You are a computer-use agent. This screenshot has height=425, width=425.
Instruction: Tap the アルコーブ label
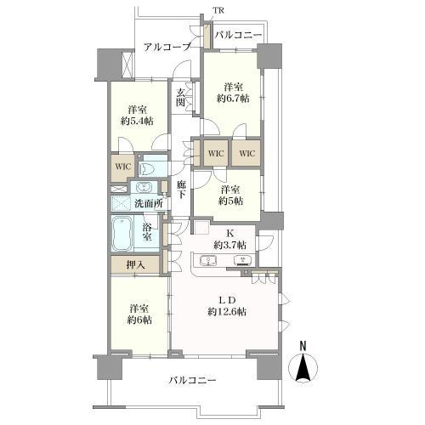pos(167,47)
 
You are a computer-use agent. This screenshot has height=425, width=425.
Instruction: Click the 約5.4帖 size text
pos(137,122)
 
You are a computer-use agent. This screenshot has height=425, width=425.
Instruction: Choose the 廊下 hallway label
pos(181,189)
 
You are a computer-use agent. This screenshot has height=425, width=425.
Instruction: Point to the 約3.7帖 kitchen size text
pos(229,245)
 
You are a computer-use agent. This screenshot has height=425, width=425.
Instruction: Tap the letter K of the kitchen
pos(229,230)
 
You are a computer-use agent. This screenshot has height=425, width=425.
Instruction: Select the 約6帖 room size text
pos(138,319)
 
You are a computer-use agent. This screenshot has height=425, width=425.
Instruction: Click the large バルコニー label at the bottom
pos(191,380)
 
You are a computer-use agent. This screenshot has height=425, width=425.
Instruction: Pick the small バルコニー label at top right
pos(237,36)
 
